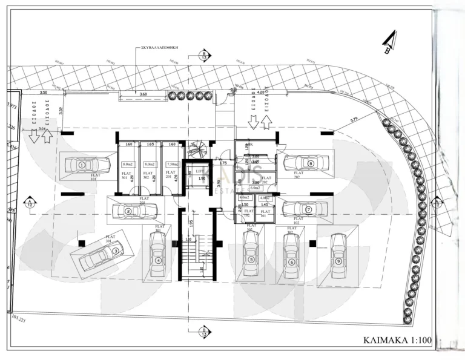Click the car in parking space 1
88,163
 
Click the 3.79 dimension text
354,119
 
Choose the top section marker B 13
204,56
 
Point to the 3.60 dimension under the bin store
143,94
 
